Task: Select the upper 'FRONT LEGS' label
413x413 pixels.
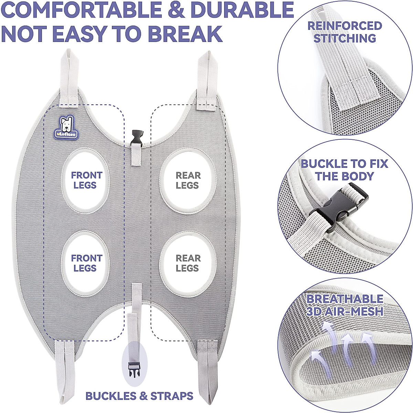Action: tap(86, 180)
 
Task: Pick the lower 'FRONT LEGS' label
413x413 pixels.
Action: tap(86, 263)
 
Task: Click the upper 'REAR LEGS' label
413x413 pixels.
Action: tap(188, 180)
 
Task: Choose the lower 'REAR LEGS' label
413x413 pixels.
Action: tap(188, 263)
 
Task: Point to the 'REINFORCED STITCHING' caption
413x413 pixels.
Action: tap(345, 32)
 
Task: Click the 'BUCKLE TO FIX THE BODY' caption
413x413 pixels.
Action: tap(345, 170)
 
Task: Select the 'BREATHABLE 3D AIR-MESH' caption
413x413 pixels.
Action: tap(345, 305)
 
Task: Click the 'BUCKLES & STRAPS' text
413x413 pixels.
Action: tap(139, 396)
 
